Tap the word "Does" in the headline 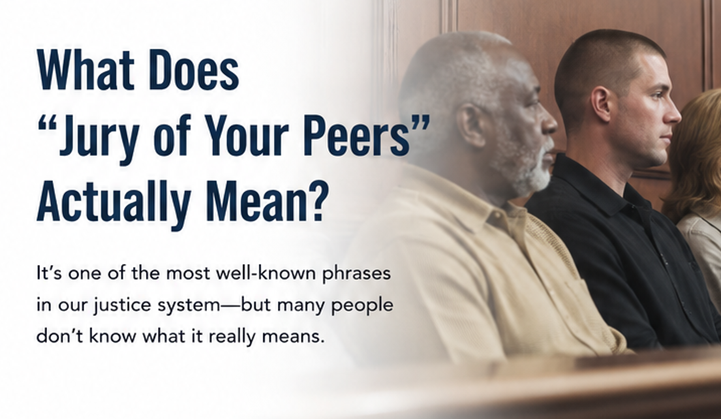pyautogui.click(x=194, y=70)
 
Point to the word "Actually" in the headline pyautogui.click(x=114, y=202)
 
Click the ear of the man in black pyautogui.click(x=601, y=104)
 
